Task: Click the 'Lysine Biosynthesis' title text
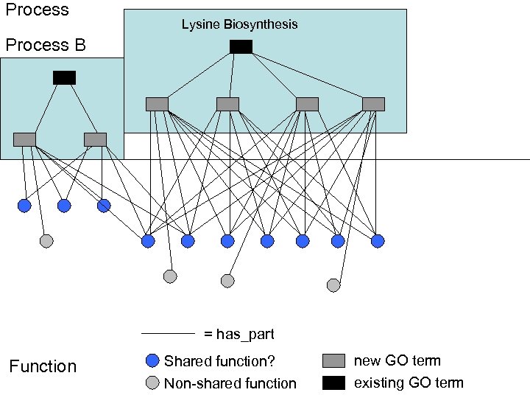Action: coord(239,24)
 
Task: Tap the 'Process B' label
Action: coord(46,46)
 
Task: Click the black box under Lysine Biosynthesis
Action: coord(241,47)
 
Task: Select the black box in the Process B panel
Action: coord(64,77)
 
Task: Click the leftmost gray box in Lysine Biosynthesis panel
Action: coord(157,104)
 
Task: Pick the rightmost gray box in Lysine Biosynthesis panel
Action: coord(373,104)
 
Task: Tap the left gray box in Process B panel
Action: coord(24,139)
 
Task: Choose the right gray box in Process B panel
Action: coord(95,139)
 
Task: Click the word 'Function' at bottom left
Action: coord(43,366)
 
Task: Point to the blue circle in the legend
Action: coord(152,360)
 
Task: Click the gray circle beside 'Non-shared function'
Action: coord(152,383)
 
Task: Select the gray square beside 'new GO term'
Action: coord(333,360)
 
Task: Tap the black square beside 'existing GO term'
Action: coord(333,383)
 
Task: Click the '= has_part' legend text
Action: coord(239,335)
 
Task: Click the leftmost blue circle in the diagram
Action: coord(24,206)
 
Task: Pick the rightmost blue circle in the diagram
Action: coord(378,240)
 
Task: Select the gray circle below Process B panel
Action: coord(46,241)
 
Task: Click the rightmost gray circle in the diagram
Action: coord(333,284)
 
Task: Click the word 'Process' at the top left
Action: coord(37,10)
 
